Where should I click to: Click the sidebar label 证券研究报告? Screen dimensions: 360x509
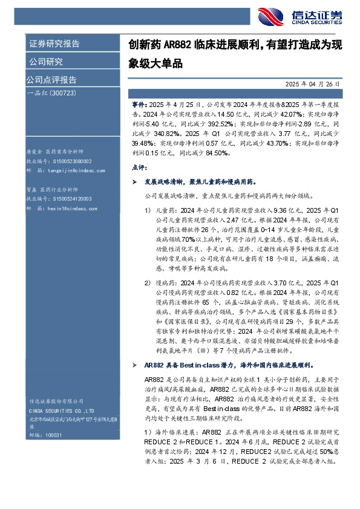[54, 44]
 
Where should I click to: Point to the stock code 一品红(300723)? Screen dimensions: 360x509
[51, 93]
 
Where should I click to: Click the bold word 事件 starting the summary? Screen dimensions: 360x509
[139, 105]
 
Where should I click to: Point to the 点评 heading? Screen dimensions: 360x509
[139, 167]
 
